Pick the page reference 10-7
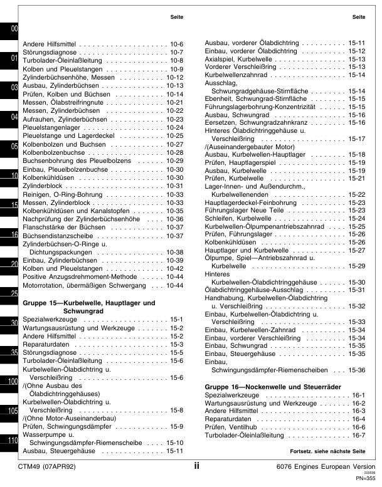(176, 52)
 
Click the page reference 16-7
(358, 435)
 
